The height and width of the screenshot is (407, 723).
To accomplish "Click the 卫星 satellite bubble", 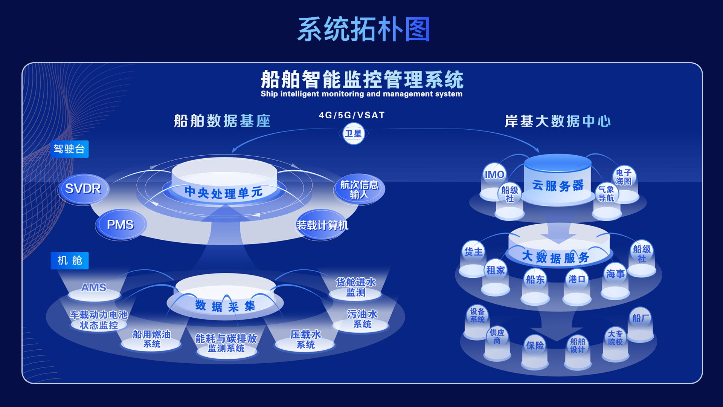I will tap(353, 134).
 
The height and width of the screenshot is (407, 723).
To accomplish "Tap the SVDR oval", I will tap(83, 188).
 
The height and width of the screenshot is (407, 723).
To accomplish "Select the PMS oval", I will tap(120, 225).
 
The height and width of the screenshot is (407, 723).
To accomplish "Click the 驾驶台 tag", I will tap(70, 149).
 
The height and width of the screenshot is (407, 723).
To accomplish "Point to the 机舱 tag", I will tap(70, 260).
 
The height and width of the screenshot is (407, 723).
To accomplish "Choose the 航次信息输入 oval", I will tap(359, 190).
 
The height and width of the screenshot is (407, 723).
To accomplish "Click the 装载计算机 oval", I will tap(322, 225).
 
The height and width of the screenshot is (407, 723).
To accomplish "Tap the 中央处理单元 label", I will tap(224, 193).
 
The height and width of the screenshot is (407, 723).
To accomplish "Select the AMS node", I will tap(94, 288).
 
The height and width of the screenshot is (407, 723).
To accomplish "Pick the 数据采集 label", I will tap(225, 306).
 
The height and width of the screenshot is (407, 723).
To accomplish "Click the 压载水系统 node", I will tap(305, 339).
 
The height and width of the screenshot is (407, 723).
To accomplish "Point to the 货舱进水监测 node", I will tap(355, 287).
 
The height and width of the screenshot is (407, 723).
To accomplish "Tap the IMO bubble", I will tap(494, 174).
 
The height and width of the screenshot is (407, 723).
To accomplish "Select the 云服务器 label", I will tap(558, 185).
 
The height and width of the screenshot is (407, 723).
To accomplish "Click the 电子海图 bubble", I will tap(624, 177).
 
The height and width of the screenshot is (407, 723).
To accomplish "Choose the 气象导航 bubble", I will tap(606, 194).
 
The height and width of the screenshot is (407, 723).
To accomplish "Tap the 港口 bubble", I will tap(577, 279).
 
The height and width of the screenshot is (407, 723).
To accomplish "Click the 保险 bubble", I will tap(535, 345).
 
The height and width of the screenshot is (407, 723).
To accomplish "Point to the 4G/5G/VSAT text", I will tap(352, 115).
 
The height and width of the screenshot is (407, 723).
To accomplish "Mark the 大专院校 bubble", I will tap(615, 338).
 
